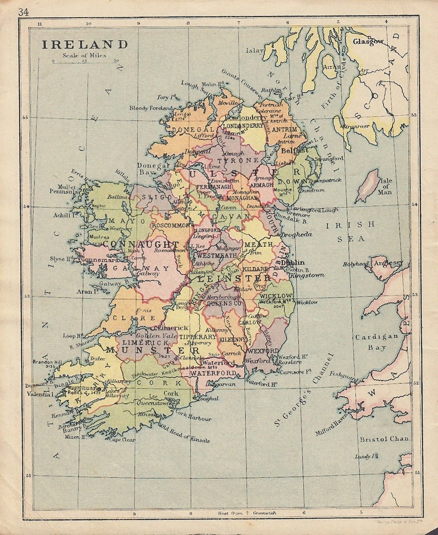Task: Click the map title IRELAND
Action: click(85, 45)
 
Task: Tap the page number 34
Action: click(24, 12)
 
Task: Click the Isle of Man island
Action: click(368, 185)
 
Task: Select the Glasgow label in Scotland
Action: click(368, 41)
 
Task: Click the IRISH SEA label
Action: click(350, 231)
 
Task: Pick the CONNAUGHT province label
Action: click(141, 244)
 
